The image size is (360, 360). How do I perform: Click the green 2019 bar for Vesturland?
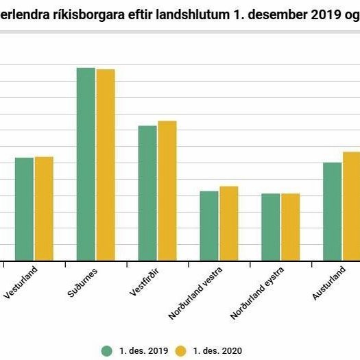[24, 208]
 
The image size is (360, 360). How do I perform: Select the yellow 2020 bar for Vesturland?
[44, 208]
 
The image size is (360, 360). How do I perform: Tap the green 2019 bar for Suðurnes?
[86, 164]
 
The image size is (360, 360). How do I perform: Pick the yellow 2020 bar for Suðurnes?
[106, 165]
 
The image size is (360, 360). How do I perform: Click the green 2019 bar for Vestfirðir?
[147, 193]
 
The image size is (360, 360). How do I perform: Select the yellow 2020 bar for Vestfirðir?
[167, 191]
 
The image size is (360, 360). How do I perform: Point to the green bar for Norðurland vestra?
[209, 226]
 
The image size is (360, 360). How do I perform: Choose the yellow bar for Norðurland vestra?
[228, 223]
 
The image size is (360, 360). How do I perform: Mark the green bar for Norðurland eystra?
[271, 227]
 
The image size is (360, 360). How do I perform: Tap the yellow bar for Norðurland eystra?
[290, 227]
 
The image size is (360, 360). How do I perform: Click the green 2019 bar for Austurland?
[332, 211]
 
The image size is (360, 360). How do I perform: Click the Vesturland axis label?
[21, 281]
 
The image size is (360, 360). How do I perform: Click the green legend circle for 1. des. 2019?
[107, 350]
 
